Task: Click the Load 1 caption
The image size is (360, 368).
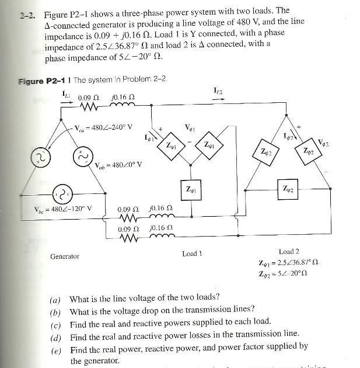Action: click(x=192, y=254)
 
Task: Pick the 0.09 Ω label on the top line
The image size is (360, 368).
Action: click(x=88, y=97)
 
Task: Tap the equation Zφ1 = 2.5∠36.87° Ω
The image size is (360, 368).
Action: click(x=290, y=263)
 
